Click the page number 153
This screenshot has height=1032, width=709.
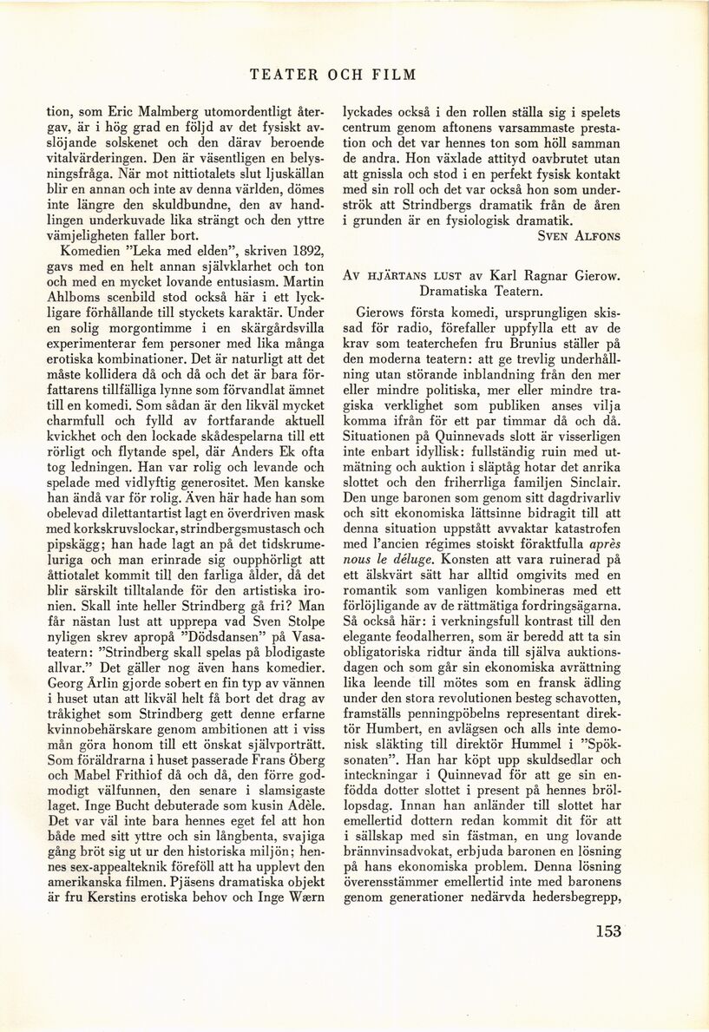609,932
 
